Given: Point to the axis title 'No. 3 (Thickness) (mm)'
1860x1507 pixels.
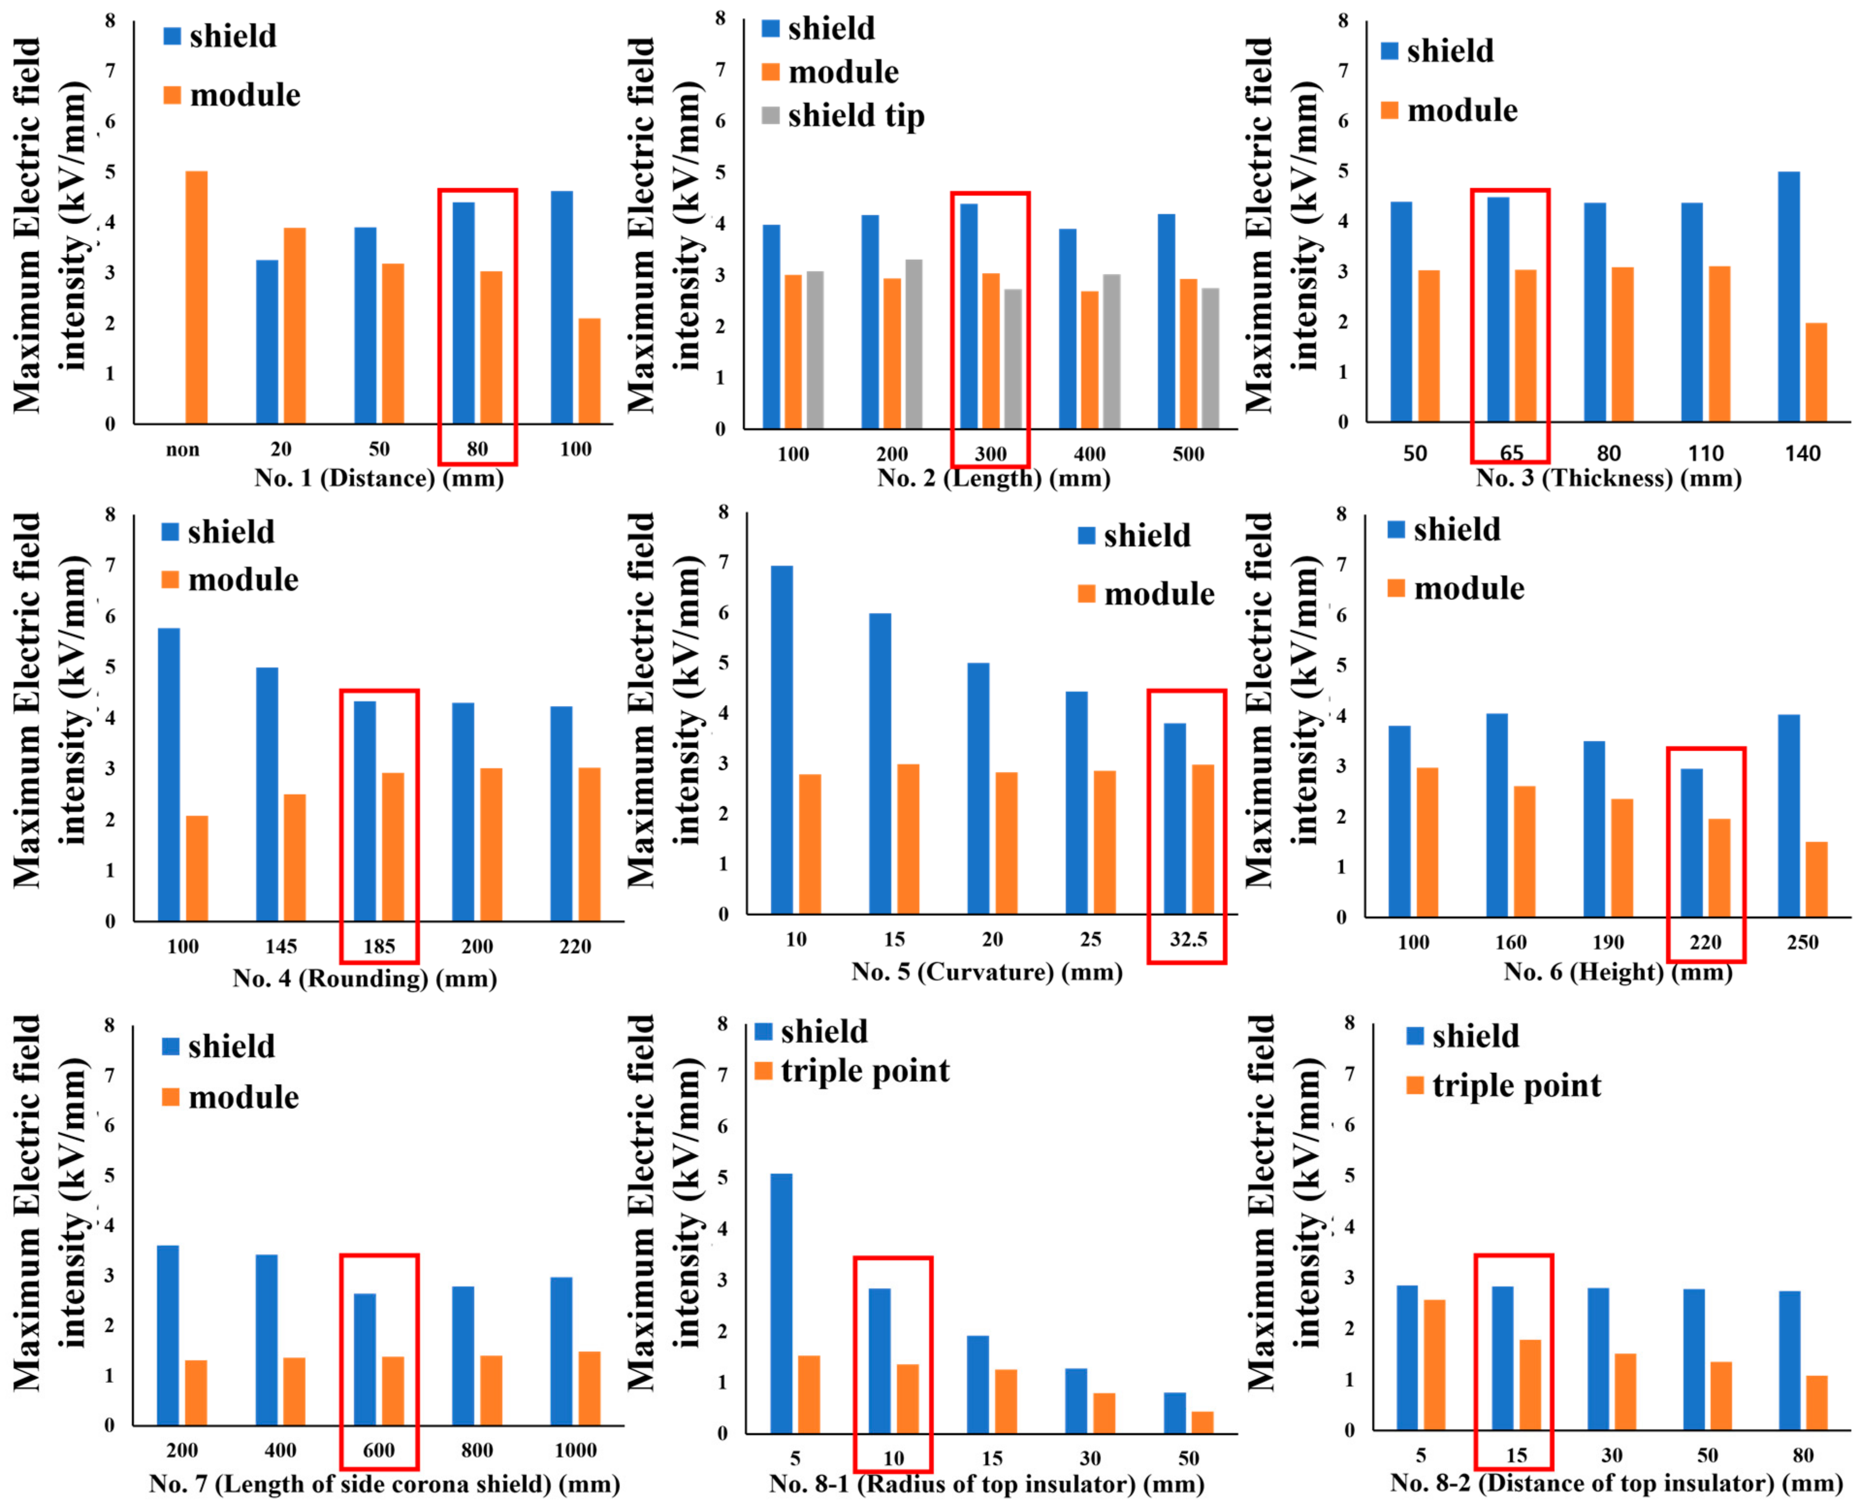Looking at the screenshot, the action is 1608,478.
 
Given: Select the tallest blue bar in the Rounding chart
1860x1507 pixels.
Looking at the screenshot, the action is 169,774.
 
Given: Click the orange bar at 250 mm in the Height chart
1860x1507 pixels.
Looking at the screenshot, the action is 1816,880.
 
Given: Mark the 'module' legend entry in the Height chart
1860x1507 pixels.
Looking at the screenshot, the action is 1456,589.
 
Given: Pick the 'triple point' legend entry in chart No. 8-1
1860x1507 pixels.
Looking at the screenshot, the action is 851,1071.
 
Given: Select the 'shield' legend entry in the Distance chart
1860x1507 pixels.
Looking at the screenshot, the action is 221,36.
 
